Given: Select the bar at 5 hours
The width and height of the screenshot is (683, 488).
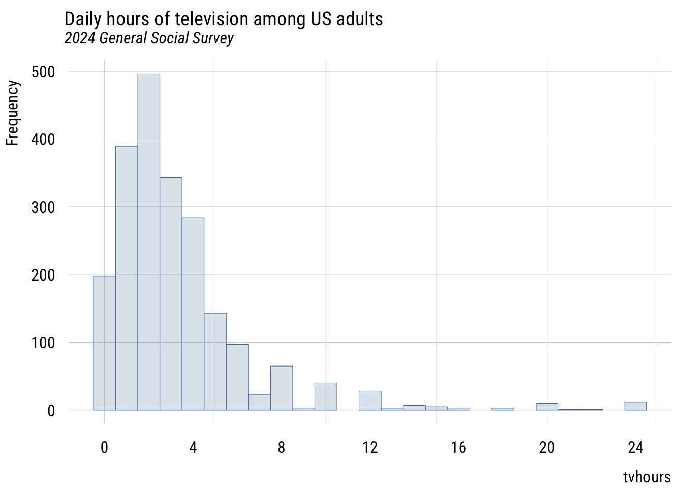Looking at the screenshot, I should (215, 361).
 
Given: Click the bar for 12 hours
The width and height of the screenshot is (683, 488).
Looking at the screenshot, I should (370, 401).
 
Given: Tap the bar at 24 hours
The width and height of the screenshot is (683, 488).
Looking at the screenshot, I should (635, 406).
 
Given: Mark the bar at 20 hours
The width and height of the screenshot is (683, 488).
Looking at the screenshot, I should (547, 407).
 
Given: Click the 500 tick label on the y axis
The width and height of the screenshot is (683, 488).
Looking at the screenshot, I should (43, 72).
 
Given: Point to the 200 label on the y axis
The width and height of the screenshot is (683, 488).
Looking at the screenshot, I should (43, 275).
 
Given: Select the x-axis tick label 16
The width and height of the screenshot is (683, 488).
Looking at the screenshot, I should (458, 448).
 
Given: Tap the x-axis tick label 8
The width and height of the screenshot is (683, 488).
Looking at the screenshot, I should (282, 448).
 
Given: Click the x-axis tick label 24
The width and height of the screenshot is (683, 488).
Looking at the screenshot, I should (635, 448).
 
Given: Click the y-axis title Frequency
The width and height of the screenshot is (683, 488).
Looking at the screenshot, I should (12, 113).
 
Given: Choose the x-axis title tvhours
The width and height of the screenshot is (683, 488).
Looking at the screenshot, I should (646, 477).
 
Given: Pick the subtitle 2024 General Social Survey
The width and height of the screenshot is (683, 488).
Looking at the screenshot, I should (149, 38).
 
